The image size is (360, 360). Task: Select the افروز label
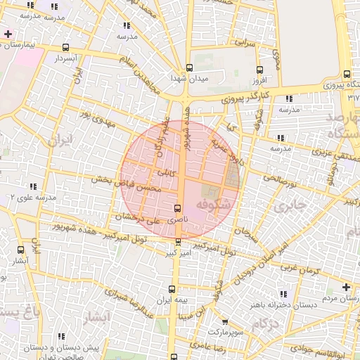pos(260,81)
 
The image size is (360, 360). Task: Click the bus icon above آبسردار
pos(65,48)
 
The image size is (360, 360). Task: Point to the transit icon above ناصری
pos(176,209)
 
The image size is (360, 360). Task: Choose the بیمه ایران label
pos(173,300)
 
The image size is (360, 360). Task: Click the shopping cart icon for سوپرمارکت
pos(225,321)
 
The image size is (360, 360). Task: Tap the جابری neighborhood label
pos(290,207)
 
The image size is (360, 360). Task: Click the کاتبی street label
pos(166,172)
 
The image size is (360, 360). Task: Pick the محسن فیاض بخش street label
pos(128,184)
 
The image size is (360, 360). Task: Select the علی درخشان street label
pos(141,219)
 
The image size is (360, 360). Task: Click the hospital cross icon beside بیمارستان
pos(8,33)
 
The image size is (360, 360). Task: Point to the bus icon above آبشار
pos(20,250)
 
